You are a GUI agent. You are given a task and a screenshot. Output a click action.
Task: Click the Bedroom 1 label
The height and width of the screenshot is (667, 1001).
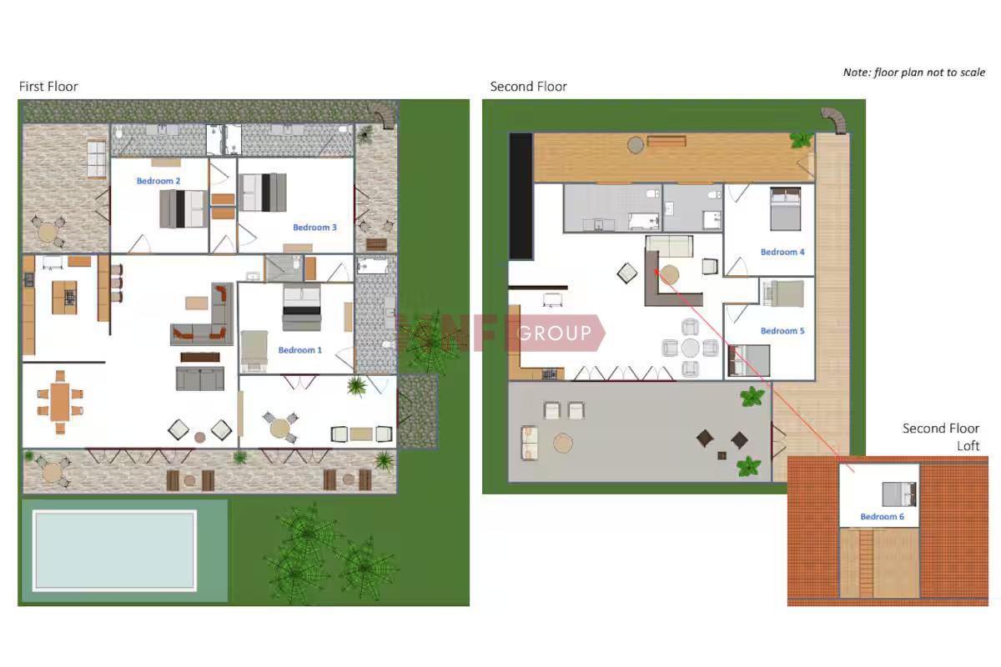(299, 350)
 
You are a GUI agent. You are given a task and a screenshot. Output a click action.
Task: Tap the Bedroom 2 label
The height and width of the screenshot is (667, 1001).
(158, 181)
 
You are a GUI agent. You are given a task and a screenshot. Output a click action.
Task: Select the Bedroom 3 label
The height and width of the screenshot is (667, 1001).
(314, 228)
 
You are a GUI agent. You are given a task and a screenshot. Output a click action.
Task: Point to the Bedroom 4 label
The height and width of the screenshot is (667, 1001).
(782, 252)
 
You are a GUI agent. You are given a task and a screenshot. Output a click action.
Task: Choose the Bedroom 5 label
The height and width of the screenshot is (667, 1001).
(782, 331)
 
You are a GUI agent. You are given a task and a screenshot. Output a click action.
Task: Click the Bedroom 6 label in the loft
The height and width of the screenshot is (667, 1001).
(883, 517)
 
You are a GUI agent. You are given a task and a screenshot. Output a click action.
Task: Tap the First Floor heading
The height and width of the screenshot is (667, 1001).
(48, 87)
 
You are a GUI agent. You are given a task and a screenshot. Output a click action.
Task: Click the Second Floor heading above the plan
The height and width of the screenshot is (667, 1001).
(528, 87)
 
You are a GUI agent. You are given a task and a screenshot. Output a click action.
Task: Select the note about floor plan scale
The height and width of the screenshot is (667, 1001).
(914, 73)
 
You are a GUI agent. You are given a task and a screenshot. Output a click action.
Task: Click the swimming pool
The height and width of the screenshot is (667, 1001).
(114, 550)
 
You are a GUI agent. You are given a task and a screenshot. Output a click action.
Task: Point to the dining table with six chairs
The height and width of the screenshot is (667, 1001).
(60, 402)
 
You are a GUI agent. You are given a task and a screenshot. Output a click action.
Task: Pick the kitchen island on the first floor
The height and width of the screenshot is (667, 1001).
(64, 297)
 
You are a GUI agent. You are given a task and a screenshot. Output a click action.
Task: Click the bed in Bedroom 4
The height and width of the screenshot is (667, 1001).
(786, 209)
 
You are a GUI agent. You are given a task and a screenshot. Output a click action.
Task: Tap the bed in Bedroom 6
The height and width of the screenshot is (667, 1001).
(899, 494)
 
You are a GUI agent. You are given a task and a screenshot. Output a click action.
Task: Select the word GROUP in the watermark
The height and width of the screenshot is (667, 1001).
(554, 333)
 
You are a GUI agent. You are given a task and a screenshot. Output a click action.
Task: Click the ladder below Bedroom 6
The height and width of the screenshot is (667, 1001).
(866, 563)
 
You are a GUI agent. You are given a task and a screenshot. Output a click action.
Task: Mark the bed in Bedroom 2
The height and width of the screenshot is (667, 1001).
(184, 209)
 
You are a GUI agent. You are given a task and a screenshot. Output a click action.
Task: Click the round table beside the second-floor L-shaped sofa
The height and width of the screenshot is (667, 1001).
(669, 274)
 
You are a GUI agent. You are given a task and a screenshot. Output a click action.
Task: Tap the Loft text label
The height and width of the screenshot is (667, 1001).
(968, 446)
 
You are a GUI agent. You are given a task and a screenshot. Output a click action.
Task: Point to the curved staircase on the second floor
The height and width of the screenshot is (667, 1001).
(835, 119)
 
